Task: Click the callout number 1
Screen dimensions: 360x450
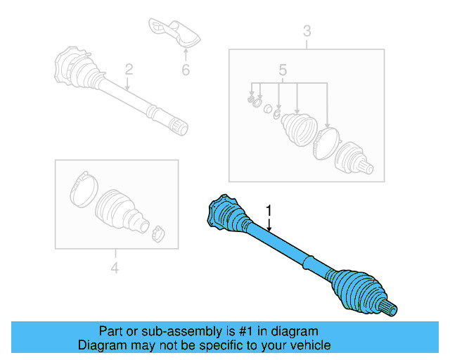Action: point(268,210)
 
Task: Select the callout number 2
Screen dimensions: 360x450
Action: point(129,69)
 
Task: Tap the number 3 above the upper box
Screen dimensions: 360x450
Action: point(307,30)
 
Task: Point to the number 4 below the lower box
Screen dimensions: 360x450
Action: point(115,267)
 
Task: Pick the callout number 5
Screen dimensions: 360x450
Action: point(283,70)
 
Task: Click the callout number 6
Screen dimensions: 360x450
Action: point(186,70)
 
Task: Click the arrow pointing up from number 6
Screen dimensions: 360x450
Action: point(186,53)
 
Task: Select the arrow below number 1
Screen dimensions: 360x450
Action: point(269,224)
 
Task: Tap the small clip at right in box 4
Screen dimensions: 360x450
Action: point(158,233)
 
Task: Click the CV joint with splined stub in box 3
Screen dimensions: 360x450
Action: point(354,160)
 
